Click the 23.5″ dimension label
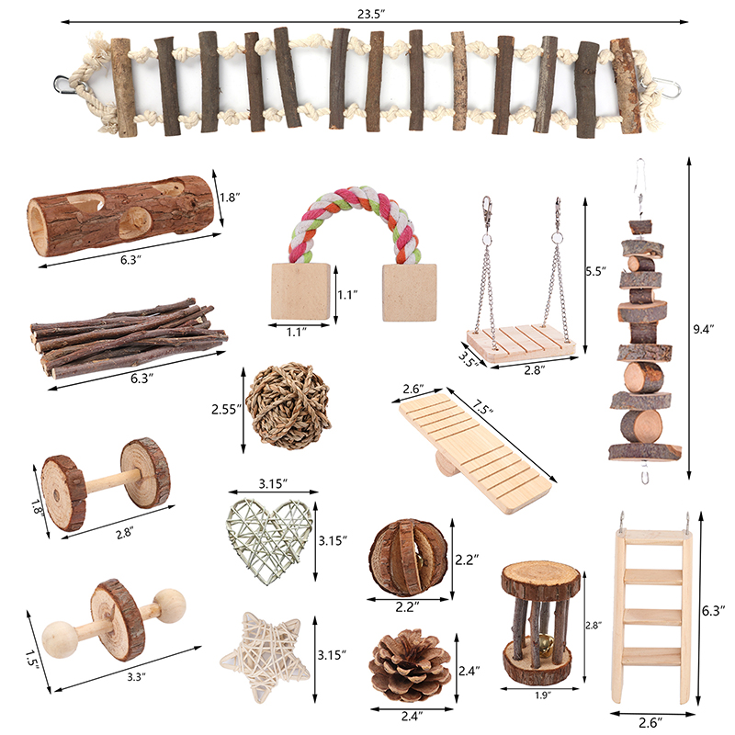coord(371,14)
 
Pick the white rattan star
coord(265,656)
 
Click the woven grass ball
coord(288,406)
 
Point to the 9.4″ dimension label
coord(703,329)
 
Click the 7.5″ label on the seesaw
coord(483,407)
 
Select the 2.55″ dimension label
coord(226,409)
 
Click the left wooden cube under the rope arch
coord(300,291)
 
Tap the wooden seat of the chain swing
coord(521,343)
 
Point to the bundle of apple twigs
coord(128,336)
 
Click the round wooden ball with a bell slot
coord(408,558)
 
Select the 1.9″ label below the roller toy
coord(541,695)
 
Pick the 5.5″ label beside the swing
coord(596,271)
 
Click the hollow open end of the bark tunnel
coord(38,226)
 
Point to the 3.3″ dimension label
coord(136,676)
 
